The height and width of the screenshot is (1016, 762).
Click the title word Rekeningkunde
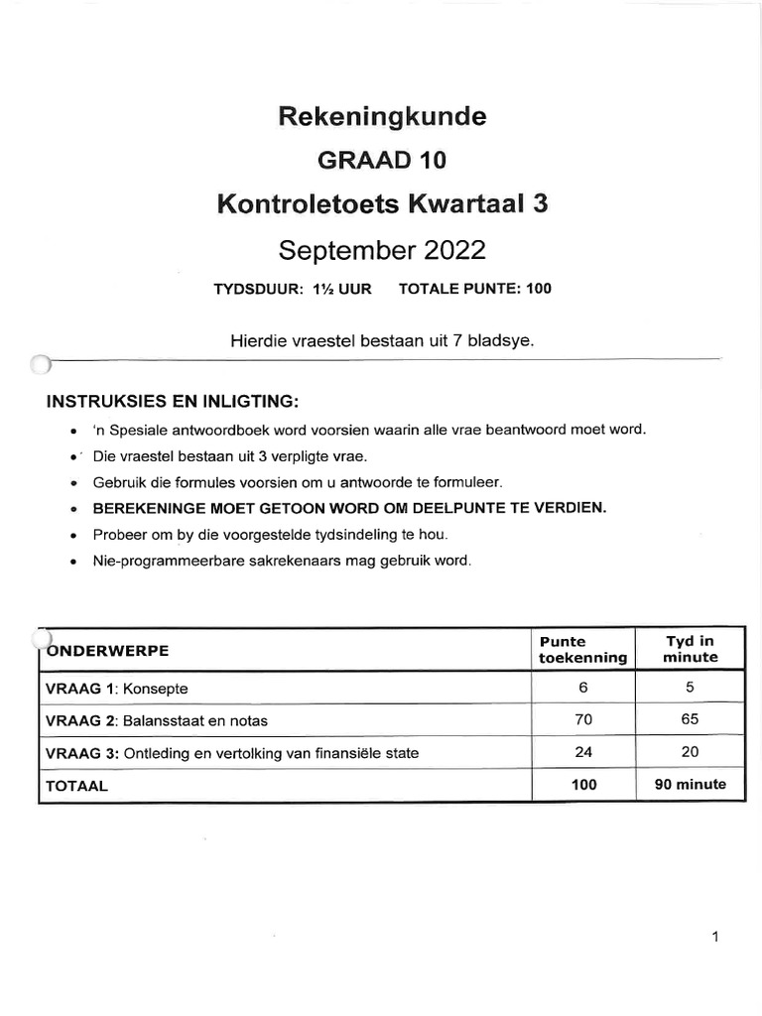click(x=382, y=117)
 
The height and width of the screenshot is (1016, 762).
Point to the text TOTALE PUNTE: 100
click(x=474, y=290)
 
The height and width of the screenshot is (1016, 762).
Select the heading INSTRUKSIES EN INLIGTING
click(x=170, y=402)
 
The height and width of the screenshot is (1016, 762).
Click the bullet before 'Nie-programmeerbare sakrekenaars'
click(x=73, y=562)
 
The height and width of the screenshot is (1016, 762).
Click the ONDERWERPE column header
click(x=108, y=650)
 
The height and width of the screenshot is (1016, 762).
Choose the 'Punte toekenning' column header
click(x=582, y=649)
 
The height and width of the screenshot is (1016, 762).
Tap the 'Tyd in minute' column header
click(x=690, y=649)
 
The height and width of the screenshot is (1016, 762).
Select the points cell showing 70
click(x=582, y=720)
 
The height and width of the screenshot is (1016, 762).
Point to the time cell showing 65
click(x=690, y=720)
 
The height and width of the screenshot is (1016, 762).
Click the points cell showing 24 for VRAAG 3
click(x=582, y=752)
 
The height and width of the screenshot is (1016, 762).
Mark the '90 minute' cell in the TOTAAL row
click(x=690, y=784)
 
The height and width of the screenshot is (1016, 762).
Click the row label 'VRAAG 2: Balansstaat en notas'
click(x=157, y=720)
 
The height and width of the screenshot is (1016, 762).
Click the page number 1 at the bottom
click(x=714, y=937)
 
